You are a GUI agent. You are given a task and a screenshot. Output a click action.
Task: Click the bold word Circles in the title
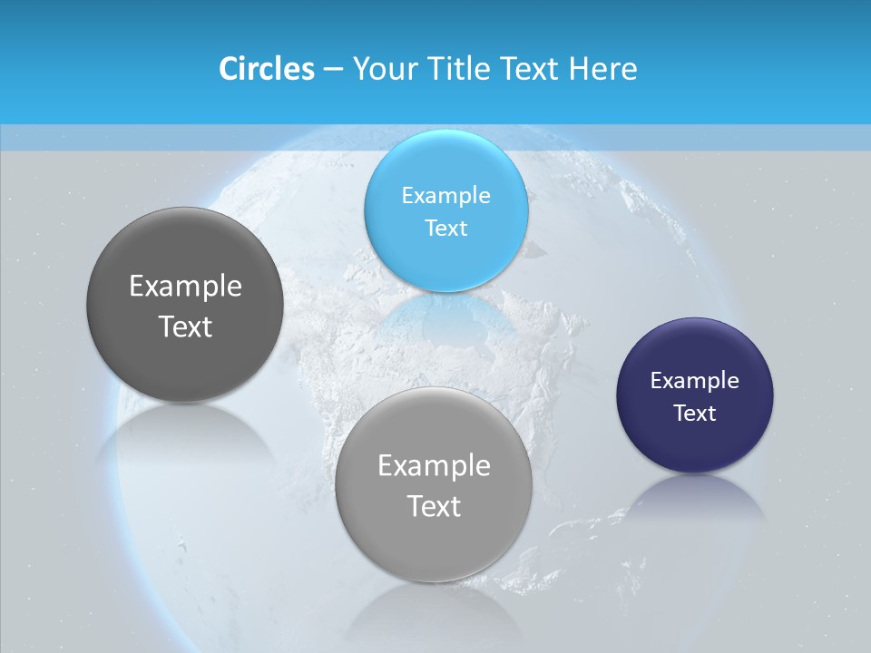click(266, 69)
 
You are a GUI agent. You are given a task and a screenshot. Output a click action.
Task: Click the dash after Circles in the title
click(332, 70)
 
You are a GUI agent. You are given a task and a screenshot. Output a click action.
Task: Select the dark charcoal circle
click(184, 363)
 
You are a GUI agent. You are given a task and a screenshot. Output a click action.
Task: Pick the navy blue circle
click(695, 444)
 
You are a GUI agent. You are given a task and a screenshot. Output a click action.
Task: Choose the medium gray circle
click(433, 544)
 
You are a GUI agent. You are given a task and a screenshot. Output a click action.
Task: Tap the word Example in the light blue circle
click(445, 196)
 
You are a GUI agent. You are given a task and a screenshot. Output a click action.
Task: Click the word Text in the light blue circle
click(445, 229)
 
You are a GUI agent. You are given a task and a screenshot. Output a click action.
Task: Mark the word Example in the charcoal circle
click(185, 287)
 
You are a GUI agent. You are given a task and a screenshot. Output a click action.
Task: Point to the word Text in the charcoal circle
click(185, 326)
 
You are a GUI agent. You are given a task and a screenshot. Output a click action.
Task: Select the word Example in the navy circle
click(695, 381)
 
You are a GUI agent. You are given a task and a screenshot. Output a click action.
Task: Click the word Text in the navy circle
click(695, 414)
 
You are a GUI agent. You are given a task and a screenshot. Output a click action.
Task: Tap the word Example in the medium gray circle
click(434, 466)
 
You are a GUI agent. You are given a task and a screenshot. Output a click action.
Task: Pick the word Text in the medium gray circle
click(434, 506)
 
